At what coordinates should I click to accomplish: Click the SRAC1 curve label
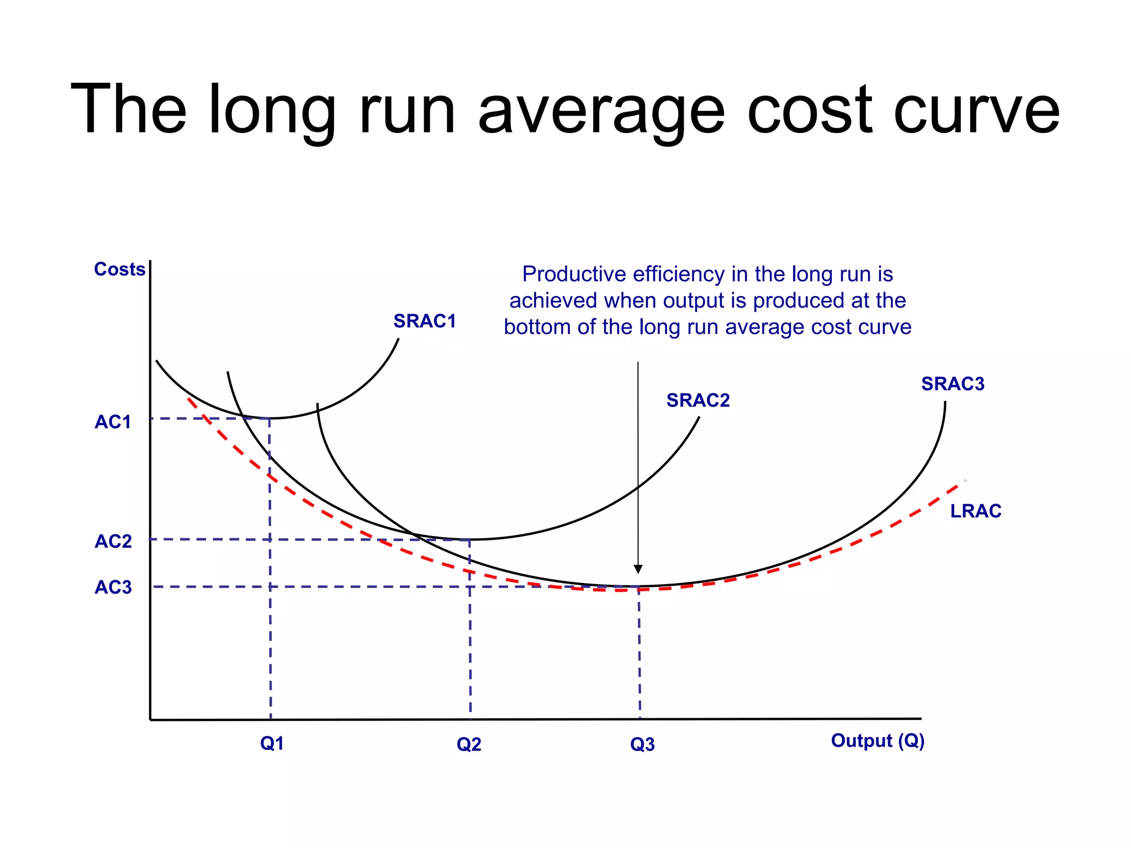coord(424,321)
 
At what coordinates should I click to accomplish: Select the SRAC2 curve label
coord(697,400)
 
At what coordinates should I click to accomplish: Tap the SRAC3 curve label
coord(952,384)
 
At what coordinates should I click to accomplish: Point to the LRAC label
coord(975,511)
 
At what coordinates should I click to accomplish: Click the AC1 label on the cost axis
coord(113,422)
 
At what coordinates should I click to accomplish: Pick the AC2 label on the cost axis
coord(113,542)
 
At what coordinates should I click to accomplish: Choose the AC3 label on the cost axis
coord(113,587)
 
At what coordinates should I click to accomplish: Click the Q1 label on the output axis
coord(272,744)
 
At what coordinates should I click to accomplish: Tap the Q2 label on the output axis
coord(468,745)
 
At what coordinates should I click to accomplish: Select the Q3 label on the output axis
coord(642,745)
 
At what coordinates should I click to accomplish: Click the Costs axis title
coord(119,269)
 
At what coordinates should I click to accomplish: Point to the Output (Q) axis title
coord(877,741)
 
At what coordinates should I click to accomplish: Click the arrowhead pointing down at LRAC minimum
coord(638,569)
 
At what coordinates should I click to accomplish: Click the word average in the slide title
coord(601,110)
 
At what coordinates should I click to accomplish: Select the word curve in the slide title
coord(976,110)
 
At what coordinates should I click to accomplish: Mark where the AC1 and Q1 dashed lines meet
coord(269,419)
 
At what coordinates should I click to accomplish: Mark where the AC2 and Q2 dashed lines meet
coord(469,539)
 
